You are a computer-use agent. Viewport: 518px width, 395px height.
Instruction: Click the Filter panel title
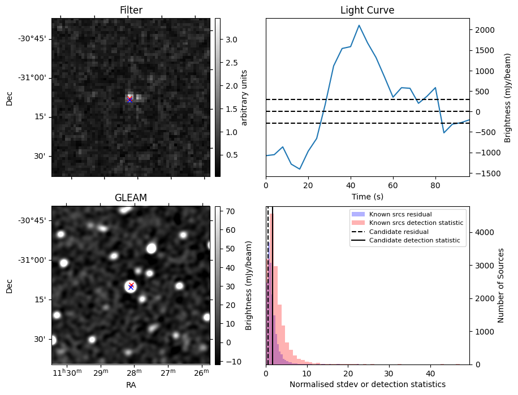[131, 10]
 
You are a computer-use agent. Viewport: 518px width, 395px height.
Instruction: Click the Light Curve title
[367, 10]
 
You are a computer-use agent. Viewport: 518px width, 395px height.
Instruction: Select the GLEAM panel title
[131, 198]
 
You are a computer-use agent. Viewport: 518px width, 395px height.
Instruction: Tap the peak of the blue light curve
[359, 25]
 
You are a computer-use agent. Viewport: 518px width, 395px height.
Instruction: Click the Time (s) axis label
[367, 196]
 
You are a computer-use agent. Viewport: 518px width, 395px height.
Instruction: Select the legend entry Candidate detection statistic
[415, 241]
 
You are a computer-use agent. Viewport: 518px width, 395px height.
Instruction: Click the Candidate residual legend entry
[399, 232]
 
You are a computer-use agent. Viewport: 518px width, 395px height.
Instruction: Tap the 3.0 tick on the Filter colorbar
[226, 40]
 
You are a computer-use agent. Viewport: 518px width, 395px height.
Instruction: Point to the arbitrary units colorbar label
[244, 97]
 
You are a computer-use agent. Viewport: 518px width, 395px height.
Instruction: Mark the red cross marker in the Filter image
[130, 99]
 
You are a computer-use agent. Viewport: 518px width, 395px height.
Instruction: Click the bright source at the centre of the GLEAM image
[131, 287]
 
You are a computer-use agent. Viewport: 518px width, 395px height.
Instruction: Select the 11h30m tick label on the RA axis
[66, 373]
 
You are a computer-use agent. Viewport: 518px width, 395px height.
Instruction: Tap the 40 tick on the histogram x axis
[430, 374]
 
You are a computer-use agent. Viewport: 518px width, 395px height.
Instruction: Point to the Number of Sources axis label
[501, 285]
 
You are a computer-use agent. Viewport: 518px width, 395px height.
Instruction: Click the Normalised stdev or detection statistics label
[367, 384]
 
